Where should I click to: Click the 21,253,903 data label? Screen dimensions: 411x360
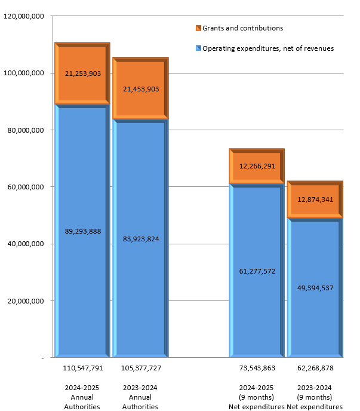point(82,73)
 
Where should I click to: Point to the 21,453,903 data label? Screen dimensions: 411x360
point(140,89)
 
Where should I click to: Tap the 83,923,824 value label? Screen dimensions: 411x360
point(140,239)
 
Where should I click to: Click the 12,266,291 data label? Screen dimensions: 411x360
point(257,166)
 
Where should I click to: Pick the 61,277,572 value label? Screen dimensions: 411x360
point(257,271)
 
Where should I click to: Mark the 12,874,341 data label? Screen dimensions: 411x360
point(315,200)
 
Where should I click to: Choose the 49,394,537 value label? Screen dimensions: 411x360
point(315,288)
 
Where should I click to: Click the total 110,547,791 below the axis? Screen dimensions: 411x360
point(83,368)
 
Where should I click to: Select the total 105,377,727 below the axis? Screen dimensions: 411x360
point(141,368)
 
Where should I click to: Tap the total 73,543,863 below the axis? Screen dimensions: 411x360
point(257,368)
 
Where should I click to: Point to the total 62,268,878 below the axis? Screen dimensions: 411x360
point(315,368)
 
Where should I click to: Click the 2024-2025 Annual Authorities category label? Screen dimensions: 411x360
point(82,397)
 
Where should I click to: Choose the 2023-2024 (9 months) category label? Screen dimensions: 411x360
point(315,397)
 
